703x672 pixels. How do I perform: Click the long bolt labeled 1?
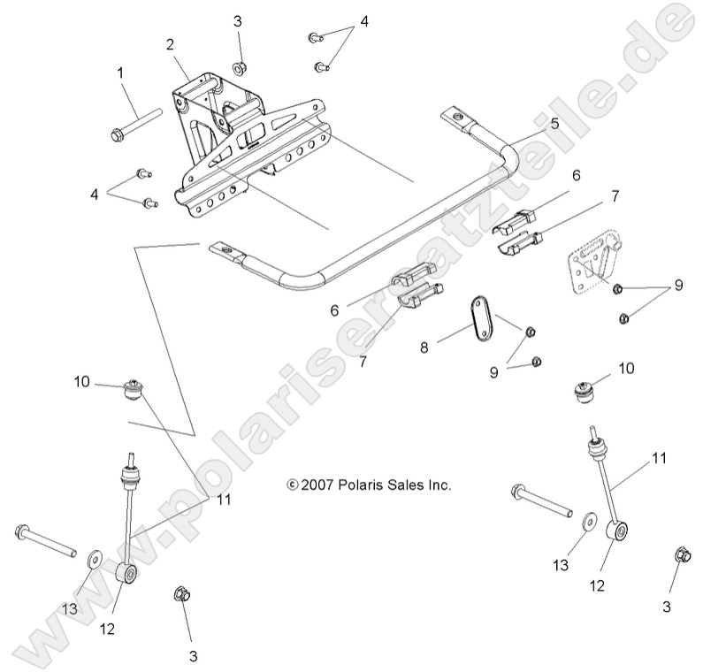pyautogui.click(x=136, y=123)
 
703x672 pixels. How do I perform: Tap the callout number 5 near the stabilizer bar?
pyautogui.click(x=554, y=124)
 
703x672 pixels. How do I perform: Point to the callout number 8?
pyautogui.click(x=449, y=348)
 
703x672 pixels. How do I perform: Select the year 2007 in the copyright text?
pyautogui.click(x=316, y=485)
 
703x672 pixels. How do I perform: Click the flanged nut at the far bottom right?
pyautogui.click(x=681, y=555)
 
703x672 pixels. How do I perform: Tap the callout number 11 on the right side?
pyautogui.click(x=659, y=458)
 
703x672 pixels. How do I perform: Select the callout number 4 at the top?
pyautogui.click(x=363, y=21)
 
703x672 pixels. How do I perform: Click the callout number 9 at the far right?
pyautogui.click(x=678, y=286)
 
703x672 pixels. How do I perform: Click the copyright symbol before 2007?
pyautogui.click(x=292, y=485)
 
